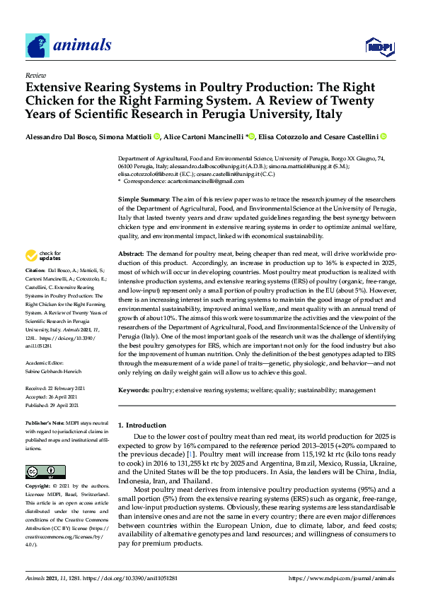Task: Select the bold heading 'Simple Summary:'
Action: click(x=144, y=201)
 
